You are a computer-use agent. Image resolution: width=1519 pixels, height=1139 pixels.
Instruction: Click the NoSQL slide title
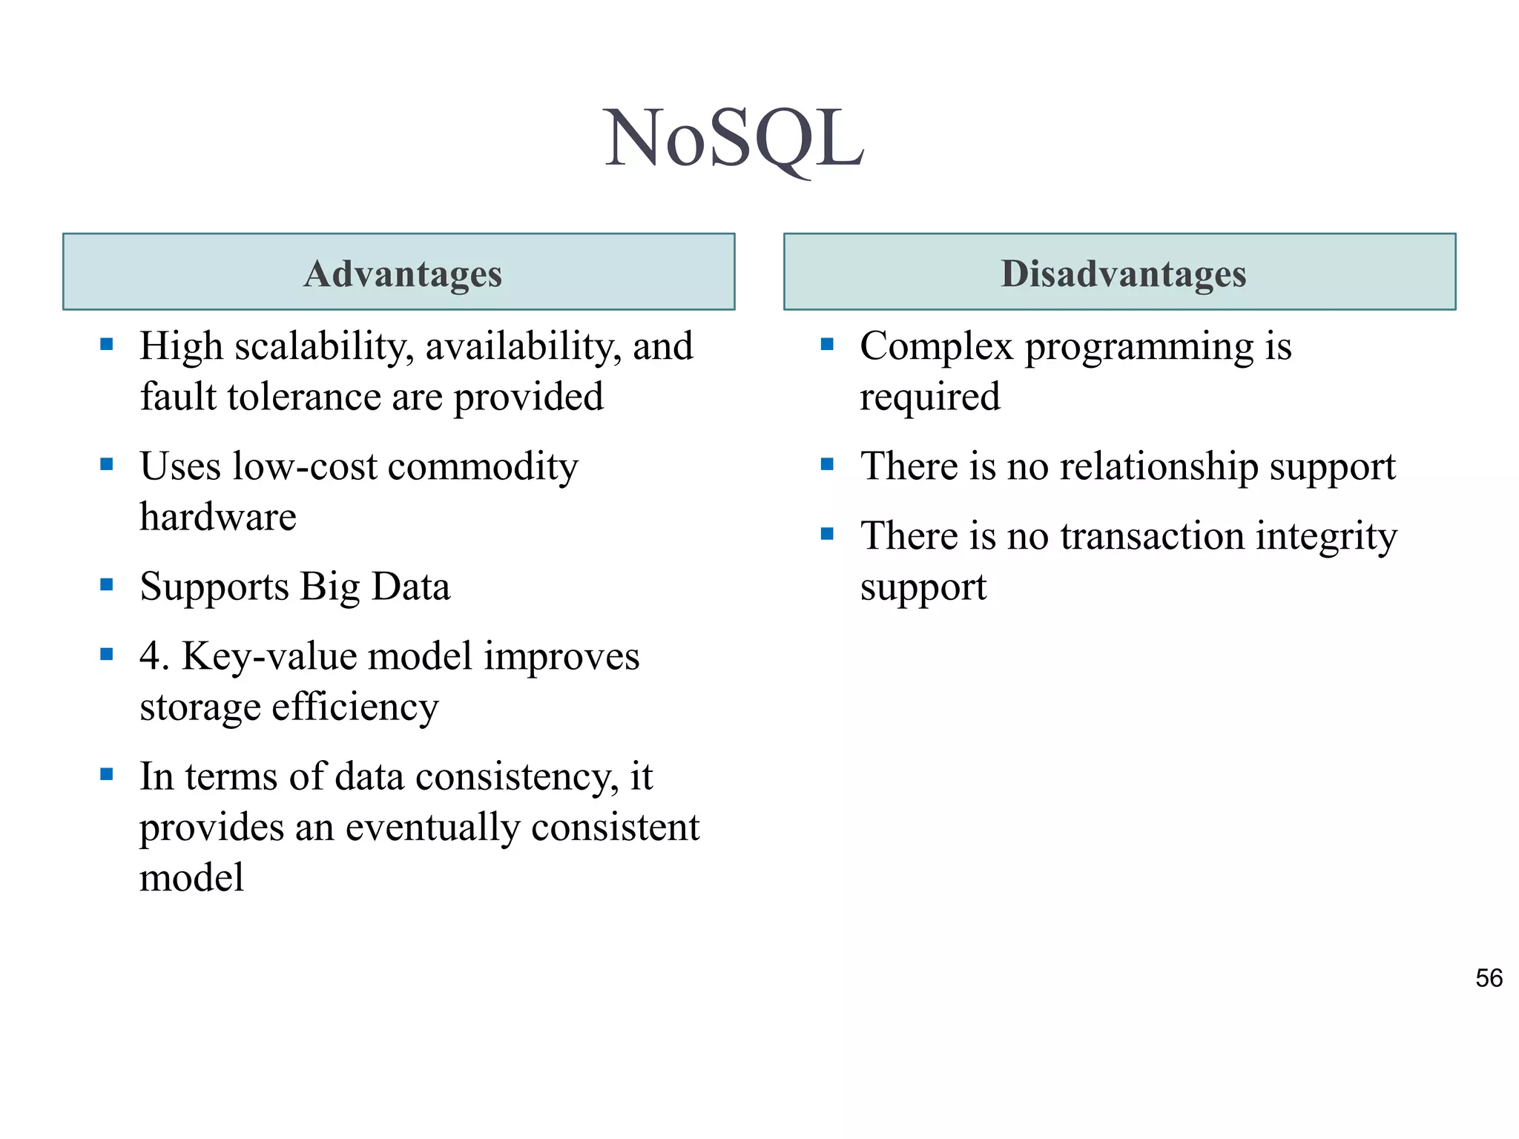click(x=734, y=138)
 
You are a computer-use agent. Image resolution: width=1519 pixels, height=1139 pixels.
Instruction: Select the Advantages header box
click(x=399, y=272)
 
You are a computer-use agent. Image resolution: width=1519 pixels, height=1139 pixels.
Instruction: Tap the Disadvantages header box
click(x=1119, y=272)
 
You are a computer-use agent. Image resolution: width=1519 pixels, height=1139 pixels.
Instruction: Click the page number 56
click(x=1489, y=978)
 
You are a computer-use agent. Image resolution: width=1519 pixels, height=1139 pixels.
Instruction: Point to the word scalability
click(x=324, y=347)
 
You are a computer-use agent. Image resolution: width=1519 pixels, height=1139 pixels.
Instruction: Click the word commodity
click(x=482, y=467)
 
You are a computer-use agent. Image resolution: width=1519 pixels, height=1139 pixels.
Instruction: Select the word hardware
click(x=218, y=517)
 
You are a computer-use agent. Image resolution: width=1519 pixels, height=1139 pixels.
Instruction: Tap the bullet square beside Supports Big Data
click(x=107, y=584)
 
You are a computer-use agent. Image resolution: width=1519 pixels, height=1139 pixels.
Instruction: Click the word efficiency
click(x=355, y=707)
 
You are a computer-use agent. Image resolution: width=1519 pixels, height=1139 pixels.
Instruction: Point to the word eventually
click(x=432, y=828)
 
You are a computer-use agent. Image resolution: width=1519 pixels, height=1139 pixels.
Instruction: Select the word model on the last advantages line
click(x=191, y=878)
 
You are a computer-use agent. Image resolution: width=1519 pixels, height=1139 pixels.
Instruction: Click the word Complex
click(x=936, y=347)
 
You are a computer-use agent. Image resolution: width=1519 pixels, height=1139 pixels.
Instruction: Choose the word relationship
click(x=1159, y=467)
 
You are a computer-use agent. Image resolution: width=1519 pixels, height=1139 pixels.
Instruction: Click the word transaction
click(x=1152, y=536)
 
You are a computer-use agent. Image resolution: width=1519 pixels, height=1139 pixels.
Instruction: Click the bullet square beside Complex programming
click(x=827, y=344)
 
